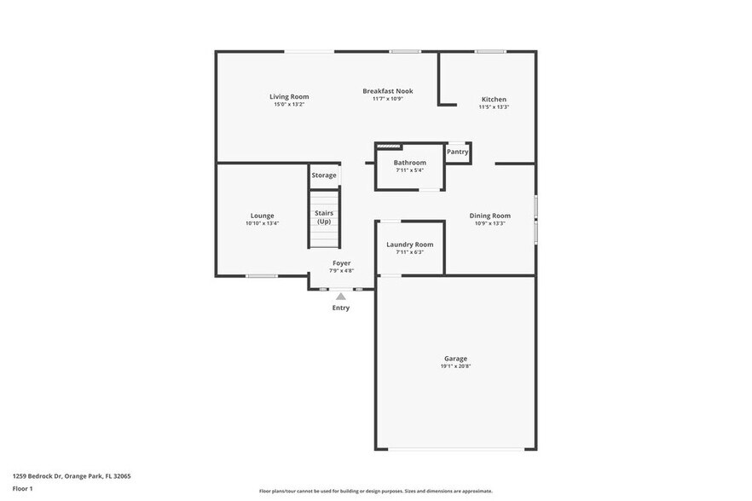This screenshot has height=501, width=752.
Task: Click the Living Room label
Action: point(289,96)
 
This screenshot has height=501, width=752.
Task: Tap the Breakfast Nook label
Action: point(388,91)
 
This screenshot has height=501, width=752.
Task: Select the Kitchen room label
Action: point(494,100)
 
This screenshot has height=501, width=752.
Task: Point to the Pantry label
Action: point(458,152)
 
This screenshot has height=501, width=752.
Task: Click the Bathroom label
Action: point(409,163)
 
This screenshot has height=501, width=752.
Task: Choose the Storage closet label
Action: point(324,176)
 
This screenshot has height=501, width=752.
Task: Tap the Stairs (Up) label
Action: point(324,217)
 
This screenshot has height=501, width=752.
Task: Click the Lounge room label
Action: point(262,216)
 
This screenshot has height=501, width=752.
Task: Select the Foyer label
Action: point(341,263)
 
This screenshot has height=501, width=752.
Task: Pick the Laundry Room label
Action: point(409,245)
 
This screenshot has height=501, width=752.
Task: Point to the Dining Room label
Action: point(490,216)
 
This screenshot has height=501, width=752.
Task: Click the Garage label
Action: point(455,359)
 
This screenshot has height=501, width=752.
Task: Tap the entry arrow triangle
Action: point(341,297)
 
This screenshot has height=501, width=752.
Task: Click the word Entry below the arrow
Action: point(341,308)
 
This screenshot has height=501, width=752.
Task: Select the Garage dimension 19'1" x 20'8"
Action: point(455,366)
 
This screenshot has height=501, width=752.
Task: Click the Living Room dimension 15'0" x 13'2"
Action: point(289,104)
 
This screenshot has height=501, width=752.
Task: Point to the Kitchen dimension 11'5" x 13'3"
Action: point(494,107)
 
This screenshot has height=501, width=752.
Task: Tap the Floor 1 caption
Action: point(22,488)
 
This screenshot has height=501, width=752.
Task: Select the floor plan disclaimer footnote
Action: point(376,491)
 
